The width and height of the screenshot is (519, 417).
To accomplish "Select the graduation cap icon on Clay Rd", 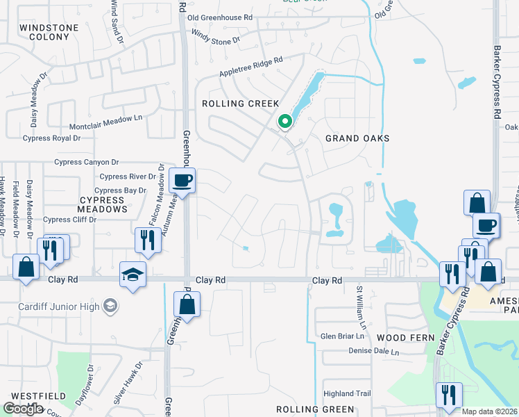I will (133, 274).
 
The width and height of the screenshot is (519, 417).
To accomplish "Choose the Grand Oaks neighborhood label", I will (357, 138).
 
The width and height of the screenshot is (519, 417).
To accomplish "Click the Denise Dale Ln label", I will (374, 352).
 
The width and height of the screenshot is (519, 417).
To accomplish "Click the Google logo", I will (23, 409).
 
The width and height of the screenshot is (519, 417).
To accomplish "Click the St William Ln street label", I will (360, 309).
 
